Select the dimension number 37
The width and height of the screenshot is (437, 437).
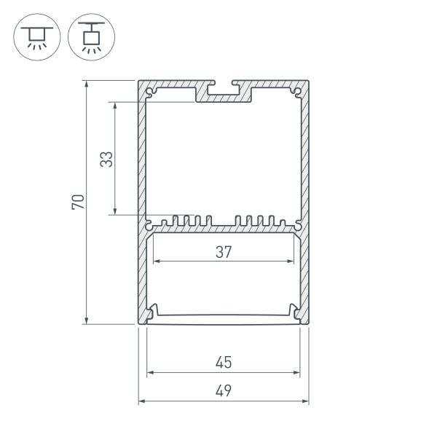224,253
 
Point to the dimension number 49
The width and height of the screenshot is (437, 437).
224,390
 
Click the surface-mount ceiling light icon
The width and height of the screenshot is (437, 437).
34,36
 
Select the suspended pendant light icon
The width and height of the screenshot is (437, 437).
90,36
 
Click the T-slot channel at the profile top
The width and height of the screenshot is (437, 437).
224,90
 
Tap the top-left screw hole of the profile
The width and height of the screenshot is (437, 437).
150,92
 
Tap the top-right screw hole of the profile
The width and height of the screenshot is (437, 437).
298,92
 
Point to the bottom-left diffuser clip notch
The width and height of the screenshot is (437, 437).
150,314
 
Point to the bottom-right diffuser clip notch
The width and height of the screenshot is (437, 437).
298,314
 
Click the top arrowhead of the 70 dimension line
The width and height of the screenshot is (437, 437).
87,82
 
